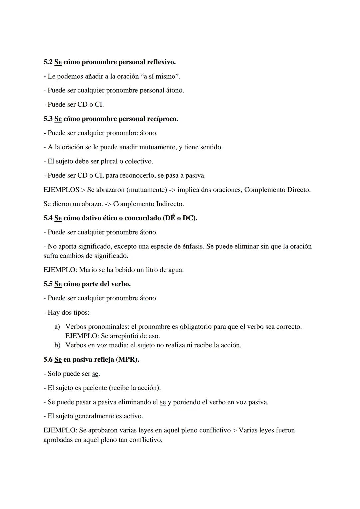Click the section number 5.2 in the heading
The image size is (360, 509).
tap(48, 62)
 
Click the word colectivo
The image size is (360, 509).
tap(139, 161)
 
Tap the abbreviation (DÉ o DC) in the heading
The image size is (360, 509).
tap(180, 218)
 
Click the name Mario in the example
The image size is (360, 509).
tap(88, 270)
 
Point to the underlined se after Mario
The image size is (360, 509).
tap(102, 270)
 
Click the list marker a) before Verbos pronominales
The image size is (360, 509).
tap(57, 327)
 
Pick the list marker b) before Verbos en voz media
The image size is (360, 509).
tap(57, 345)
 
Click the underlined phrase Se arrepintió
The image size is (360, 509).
tap(119, 336)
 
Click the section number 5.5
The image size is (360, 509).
tap(48, 284)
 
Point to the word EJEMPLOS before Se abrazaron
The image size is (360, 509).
tap(61, 190)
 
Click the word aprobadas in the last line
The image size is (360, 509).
tap(58, 440)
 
